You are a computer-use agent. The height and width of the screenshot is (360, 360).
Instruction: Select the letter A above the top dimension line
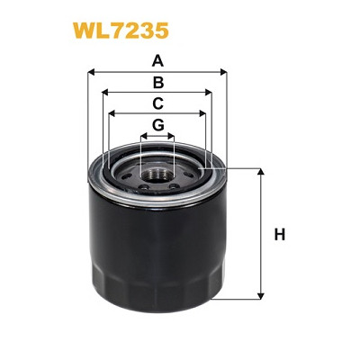(157, 61)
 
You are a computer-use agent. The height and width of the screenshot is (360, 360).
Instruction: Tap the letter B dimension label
(157, 82)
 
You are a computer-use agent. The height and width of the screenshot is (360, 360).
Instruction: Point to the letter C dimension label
(157, 103)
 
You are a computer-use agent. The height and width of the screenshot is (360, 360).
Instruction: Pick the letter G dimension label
(157, 124)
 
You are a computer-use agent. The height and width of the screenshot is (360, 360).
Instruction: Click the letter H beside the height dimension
(279, 236)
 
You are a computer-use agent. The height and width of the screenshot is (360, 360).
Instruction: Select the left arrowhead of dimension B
(106, 92)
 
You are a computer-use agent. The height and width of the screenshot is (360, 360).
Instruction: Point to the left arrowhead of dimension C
(112, 113)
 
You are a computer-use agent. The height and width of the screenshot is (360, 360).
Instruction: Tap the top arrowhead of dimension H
(261, 172)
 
